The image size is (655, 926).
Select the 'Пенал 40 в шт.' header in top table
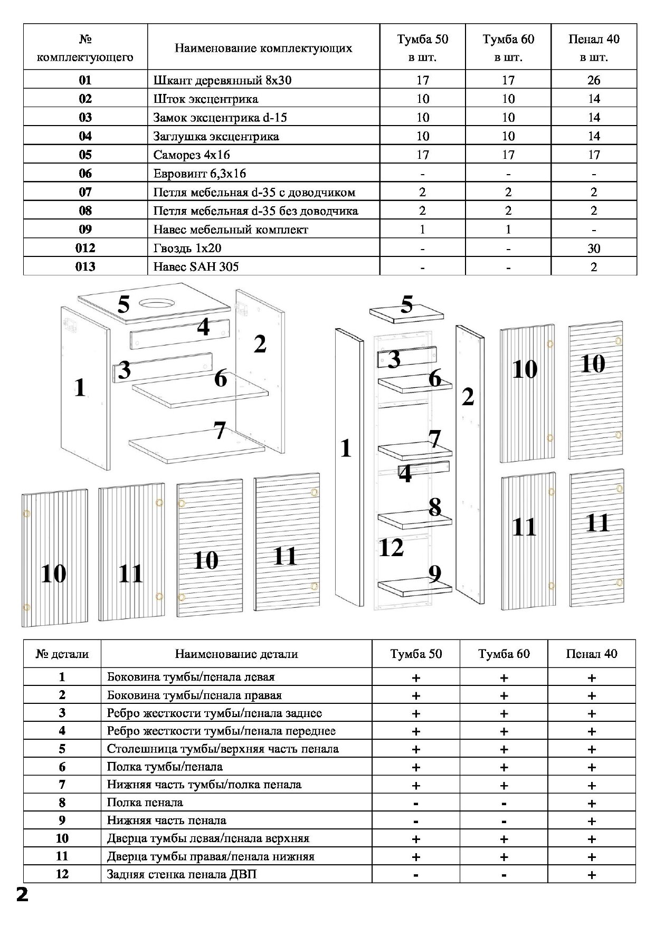594,47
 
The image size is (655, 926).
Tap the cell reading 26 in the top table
594,80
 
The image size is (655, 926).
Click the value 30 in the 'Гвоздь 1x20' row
594,248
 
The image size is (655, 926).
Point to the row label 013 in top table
85,266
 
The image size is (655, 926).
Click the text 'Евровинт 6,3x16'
200,174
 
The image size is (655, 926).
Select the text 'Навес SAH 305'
196,266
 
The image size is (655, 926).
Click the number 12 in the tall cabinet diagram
391,548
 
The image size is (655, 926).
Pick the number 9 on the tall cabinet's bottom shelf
434,574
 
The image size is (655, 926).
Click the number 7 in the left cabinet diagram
220,431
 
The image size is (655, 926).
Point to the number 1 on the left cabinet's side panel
80,388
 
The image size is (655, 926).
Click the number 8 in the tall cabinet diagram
434,507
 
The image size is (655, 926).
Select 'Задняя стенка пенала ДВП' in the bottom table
182,874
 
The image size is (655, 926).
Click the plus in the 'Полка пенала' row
591,803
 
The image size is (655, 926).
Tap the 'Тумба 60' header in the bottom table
504,654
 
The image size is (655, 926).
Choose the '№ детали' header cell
62,654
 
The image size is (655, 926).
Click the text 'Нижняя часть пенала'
166,820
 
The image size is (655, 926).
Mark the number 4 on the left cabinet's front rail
203,327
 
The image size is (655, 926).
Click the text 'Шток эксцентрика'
205,99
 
